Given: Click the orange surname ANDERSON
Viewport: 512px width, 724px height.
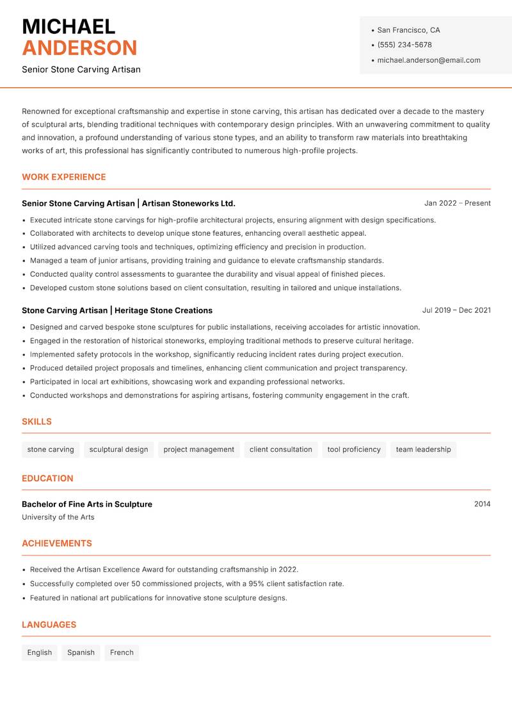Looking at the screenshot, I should (x=79, y=48).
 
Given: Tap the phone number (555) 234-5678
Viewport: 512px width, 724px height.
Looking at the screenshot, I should (x=404, y=45).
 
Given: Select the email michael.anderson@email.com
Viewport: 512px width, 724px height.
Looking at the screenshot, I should (x=429, y=60).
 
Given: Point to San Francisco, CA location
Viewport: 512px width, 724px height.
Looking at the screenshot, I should (x=408, y=30).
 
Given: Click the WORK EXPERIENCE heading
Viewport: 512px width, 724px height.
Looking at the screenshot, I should (x=64, y=177).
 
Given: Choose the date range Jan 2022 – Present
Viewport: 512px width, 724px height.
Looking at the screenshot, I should (x=457, y=203).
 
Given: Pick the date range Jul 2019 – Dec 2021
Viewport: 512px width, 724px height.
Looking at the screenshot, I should (x=456, y=310).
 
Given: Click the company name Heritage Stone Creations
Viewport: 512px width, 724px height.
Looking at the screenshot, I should (x=163, y=310).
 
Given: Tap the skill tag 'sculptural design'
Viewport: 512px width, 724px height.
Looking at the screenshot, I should (x=118, y=450).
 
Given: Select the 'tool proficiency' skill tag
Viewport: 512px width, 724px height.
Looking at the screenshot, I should (x=354, y=450).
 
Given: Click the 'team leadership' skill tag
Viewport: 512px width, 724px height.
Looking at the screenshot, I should (x=423, y=450).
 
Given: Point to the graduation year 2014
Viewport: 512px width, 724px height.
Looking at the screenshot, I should (x=482, y=504).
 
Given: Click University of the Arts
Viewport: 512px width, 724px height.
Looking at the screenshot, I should (x=58, y=517).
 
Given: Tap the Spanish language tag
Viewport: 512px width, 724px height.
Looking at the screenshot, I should (x=81, y=653).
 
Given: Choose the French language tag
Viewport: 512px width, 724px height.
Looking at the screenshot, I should (x=122, y=653).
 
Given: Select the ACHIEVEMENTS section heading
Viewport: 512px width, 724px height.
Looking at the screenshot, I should (x=57, y=543).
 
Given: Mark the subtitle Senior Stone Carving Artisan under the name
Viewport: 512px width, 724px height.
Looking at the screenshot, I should (x=81, y=69).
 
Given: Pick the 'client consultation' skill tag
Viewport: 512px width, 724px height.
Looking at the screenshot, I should (x=281, y=450).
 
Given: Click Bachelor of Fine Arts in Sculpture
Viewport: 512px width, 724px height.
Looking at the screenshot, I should (x=87, y=504).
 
